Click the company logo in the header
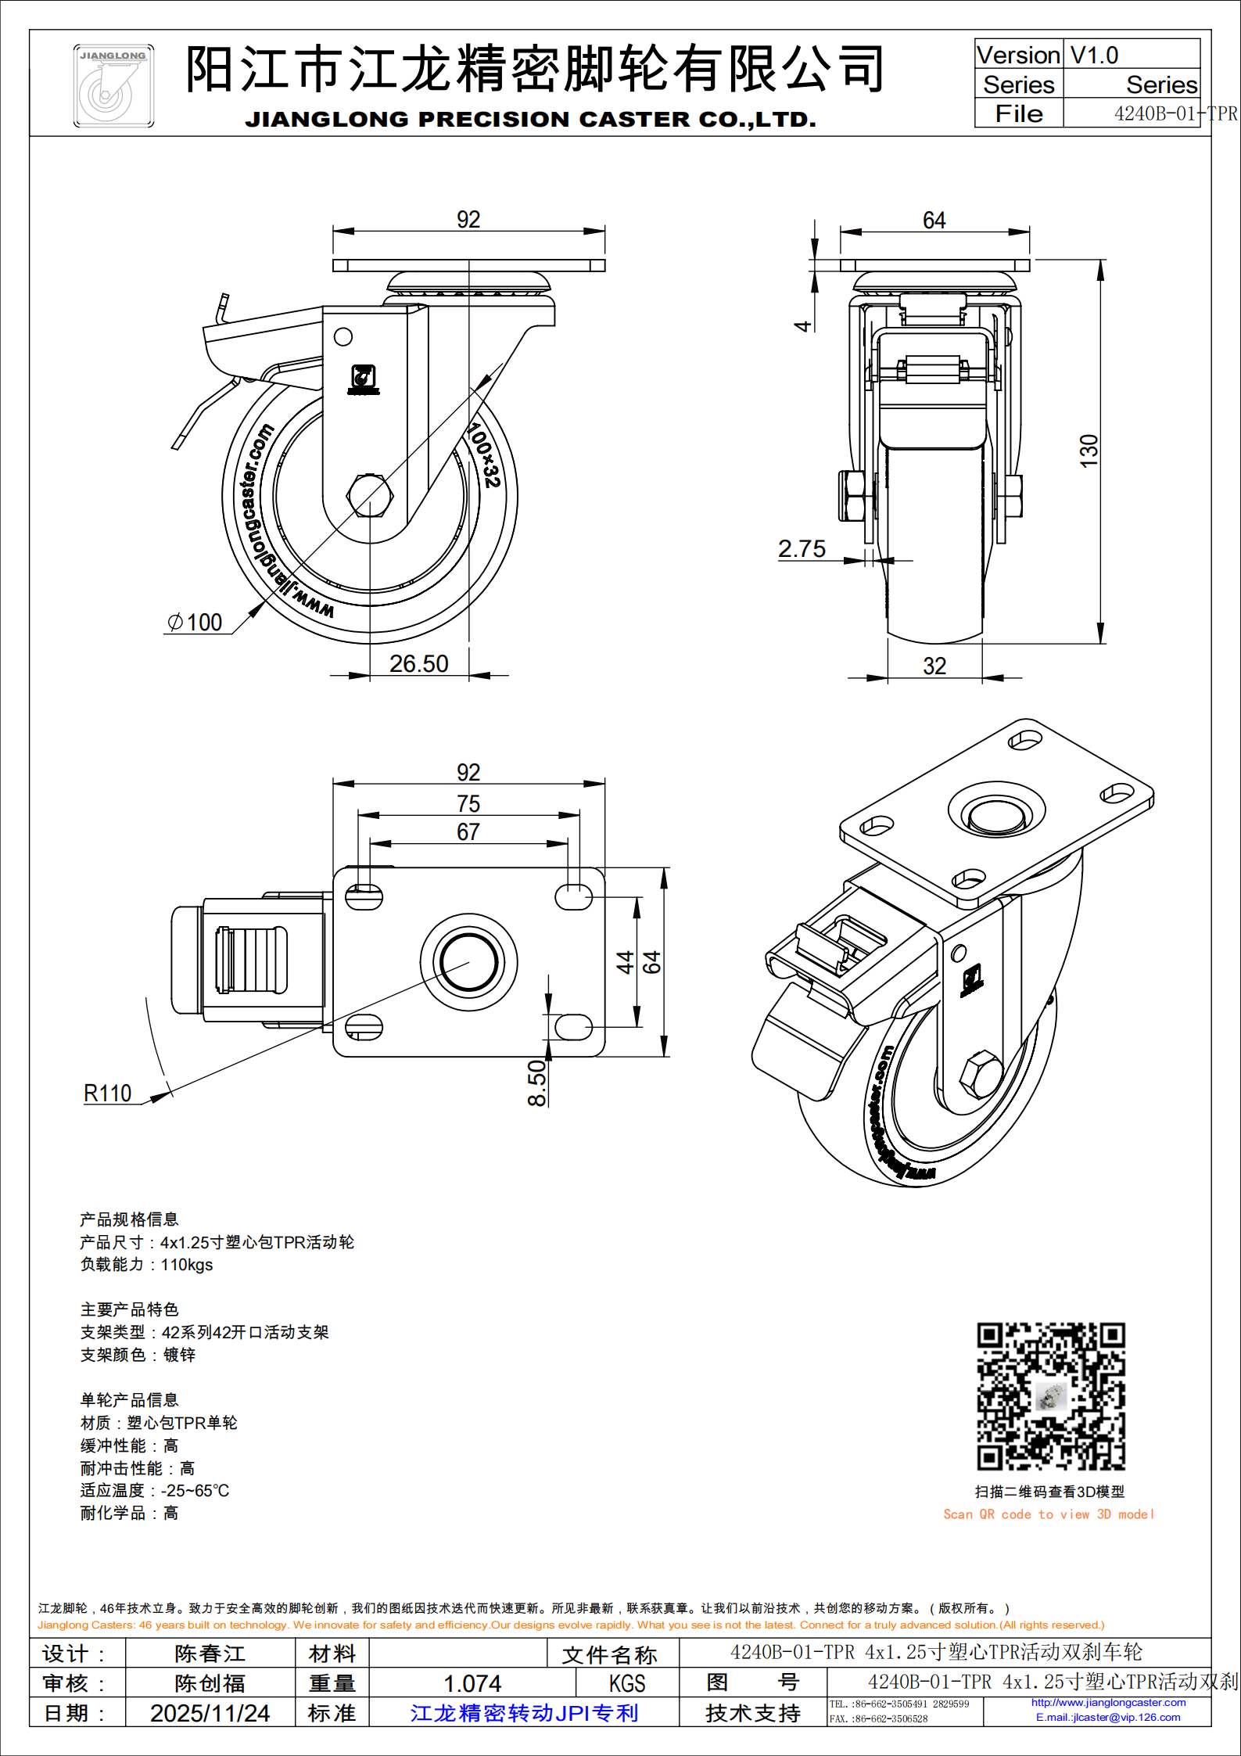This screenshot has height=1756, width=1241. [113, 86]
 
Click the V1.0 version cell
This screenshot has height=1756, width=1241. [1094, 56]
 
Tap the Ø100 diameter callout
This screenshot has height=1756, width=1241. [195, 623]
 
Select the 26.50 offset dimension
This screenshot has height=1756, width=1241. [418, 664]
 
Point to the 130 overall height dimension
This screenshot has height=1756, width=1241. [1089, 451]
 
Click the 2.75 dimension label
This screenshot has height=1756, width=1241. [802, 549]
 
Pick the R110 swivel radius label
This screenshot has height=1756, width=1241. [108, 1093]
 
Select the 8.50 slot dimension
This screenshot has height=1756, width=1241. [537, 1083]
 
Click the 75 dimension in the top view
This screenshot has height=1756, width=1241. [468, 803]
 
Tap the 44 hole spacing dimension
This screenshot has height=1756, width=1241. [625, 961]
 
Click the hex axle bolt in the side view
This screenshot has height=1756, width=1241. [369, 496]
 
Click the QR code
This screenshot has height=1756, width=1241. [1050, 1396]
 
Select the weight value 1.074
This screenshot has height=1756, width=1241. [472, 1683]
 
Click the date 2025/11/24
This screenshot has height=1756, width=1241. [210, 1713]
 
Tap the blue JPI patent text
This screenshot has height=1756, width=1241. [524, 1713]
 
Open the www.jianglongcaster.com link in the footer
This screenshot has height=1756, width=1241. [1108, 1703]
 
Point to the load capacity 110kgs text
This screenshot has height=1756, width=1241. [146, 1265]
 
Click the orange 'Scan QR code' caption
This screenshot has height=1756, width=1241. [1048, 1514]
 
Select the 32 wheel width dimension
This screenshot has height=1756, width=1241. [934, 666]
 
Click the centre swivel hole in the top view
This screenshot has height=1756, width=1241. [468, 962]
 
